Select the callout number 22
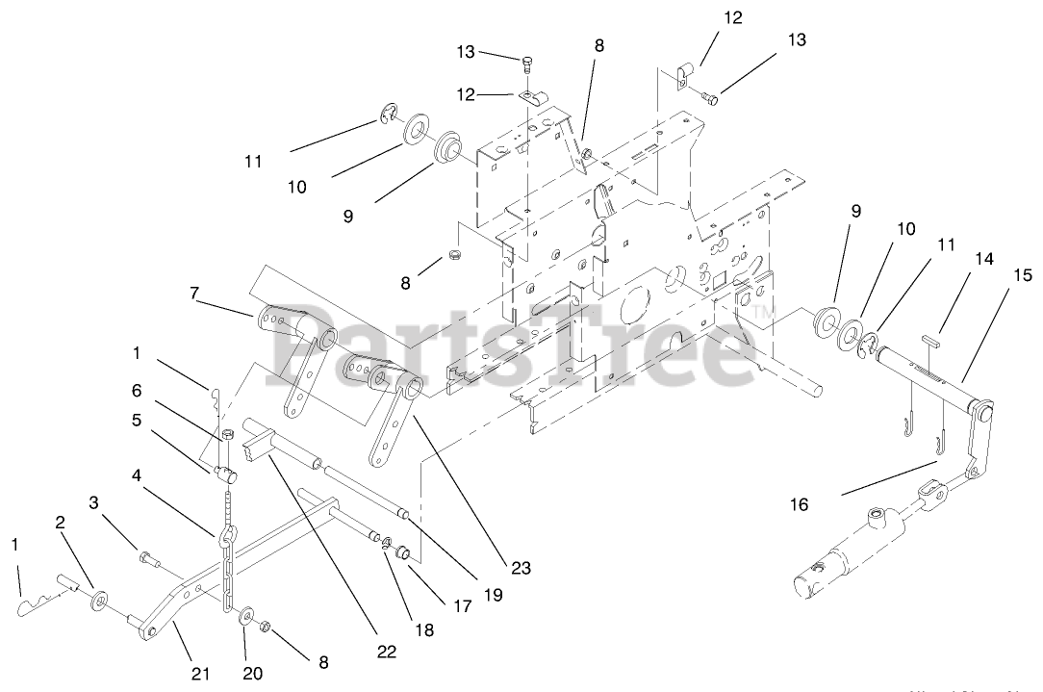387,652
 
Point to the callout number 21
201,674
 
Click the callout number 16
800,503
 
